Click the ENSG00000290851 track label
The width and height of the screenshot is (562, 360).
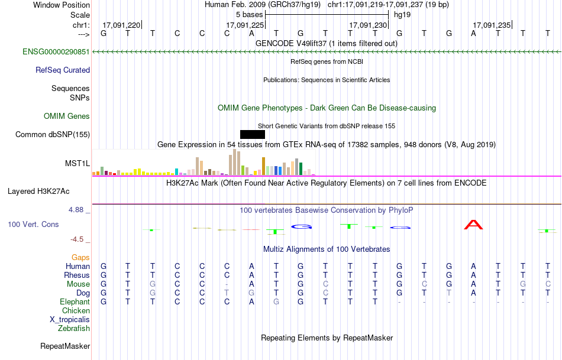[56, 52]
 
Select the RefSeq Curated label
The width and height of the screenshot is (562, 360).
[63, 70]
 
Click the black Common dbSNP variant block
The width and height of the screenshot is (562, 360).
[253, 134]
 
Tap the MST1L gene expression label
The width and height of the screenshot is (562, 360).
[77, 164]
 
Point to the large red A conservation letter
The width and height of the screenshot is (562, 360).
[474, 225]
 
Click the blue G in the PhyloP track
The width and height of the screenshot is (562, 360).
[302, 226]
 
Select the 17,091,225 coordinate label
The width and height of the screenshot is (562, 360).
[245, 25]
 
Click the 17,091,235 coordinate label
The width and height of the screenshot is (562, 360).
[492, 25]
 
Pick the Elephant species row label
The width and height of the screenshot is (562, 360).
[75, 301]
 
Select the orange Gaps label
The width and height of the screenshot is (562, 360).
[80, 257]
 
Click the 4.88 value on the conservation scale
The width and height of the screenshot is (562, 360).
[79, 210]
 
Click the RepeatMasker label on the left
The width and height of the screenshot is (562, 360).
[65, 346]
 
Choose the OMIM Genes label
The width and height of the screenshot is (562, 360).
[67, 116]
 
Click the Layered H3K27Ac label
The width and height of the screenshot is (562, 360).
[38, 191]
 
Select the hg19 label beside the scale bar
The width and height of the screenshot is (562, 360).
[402, 14]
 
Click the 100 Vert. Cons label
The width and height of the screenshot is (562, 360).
[34, 225]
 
